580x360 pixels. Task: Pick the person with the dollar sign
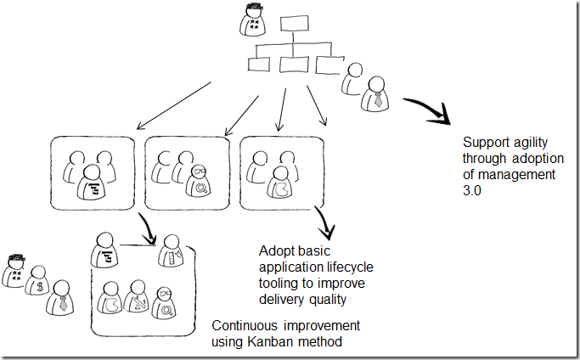click(37, 285)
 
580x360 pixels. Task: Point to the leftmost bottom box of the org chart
click(258, 64)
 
